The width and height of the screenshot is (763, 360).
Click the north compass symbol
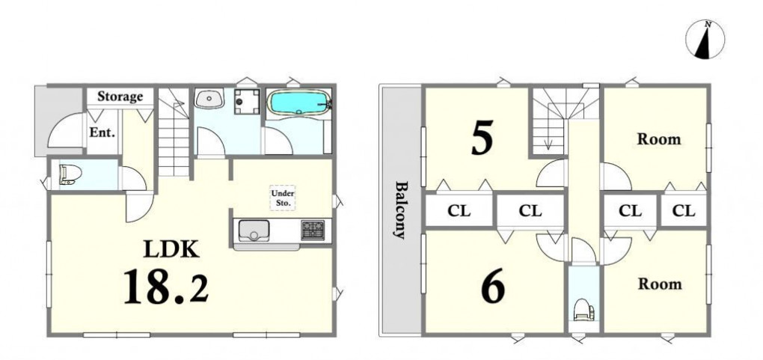[705, 40]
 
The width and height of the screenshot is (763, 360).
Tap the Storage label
[120, 96]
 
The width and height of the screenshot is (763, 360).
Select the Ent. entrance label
[102, 132]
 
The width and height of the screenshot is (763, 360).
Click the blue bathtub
[298, 103]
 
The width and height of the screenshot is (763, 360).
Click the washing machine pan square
[247, 101]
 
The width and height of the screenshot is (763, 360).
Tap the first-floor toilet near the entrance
[70, 174]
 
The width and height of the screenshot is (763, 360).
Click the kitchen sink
[253, 231]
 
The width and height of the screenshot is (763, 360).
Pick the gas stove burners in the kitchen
[313, 230]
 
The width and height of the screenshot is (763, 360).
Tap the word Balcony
[400, 210]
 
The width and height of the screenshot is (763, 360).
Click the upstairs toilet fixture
[583, 309]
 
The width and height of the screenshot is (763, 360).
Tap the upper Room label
[659, 139]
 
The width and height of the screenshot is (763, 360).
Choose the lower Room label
[659, 284]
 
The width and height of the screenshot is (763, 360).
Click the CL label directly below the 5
[459, 211]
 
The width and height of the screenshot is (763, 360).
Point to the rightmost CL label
[684, 211]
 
